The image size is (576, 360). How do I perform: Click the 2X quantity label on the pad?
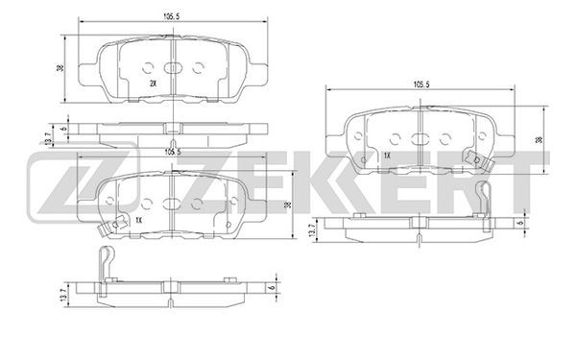tap(154, 84)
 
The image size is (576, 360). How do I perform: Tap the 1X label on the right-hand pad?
tap(387, 156)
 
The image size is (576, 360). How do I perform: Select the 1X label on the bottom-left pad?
tap(138, 220)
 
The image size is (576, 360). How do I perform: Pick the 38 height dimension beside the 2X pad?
tap(60, 68)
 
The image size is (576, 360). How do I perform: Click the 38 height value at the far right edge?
tap(539, 140)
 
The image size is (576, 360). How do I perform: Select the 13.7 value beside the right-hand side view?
tap(312, 230)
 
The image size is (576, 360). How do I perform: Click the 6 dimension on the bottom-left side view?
tap(273, 288)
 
